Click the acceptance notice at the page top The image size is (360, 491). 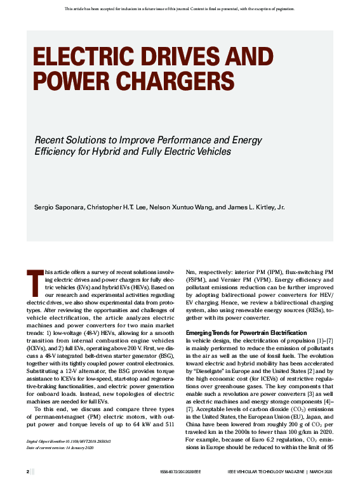click(x=180, y=8)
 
